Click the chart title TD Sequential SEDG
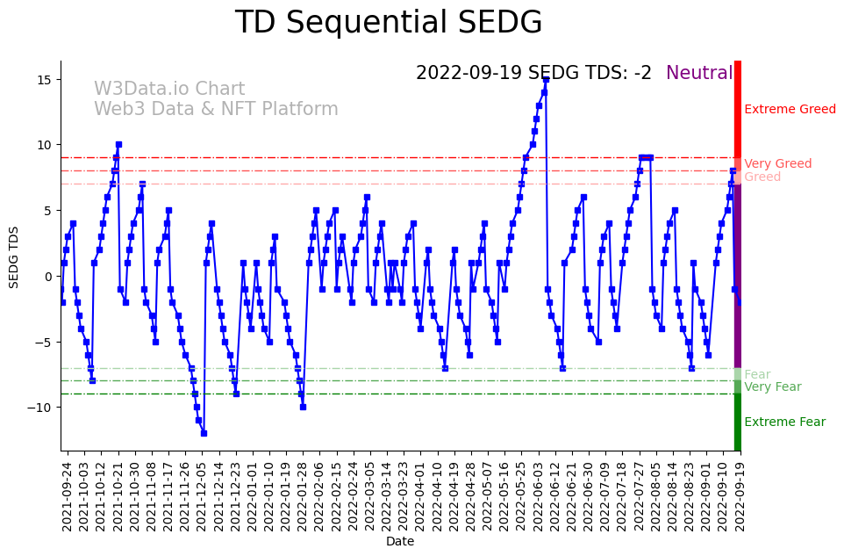389,23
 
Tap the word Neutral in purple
699,74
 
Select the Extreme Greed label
790,110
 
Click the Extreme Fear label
784,422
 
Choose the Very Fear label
772,387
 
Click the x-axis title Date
400,542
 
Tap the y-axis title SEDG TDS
14,256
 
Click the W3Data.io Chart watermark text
169,90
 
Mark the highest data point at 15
546,79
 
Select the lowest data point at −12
204,433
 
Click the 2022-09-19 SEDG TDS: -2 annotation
533,74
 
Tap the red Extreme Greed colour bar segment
738,110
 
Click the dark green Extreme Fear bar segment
738,422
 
